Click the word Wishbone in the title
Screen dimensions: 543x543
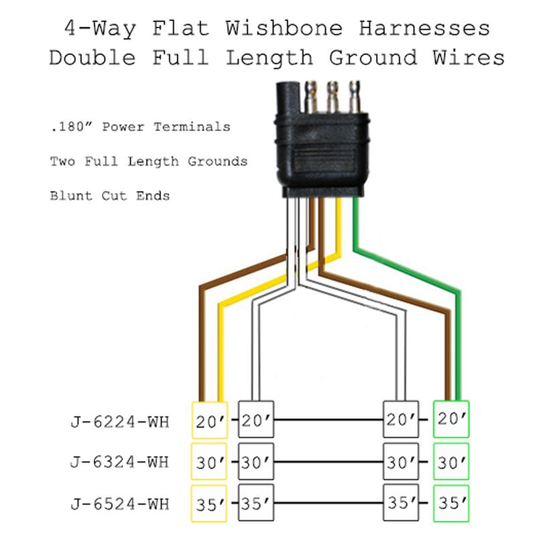pyautogui.click(x=284, y=27)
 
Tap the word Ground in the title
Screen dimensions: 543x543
pyautogui.click(x=373, y=58)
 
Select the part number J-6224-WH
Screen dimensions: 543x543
pyautogui.click(x=120, y=422)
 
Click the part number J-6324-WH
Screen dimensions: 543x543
pyautogui.click(x=120, y=463)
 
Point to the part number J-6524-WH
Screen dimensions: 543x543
pyautogui.click(x=120, y=504)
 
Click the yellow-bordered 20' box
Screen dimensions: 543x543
pyautogui.click(x=210, y=420)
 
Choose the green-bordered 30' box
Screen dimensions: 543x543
pyautogui.click(x=451, y=462)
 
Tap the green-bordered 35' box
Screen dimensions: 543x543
pyautogui.click(x=451, y=503)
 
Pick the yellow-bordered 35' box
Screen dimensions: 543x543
pyautogui.click(x=209, y=503)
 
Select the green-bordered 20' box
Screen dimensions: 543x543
pyautogui.click(x=451, y=419)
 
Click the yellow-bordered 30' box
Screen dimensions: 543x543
pyautogui.click(x=209, y=462)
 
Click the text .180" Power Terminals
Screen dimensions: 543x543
pyautogui.click(x=140, y=127)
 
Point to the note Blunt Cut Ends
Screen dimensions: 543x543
pyautogui.click(x=110, y=196)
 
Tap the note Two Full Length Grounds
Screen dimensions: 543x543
pyautogui.click(x=149, y=162)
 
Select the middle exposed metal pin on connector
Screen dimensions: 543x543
pyautogui.click(x=333, y=97)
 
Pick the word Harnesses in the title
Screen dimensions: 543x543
pyautogui.click(x=424, y=27)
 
